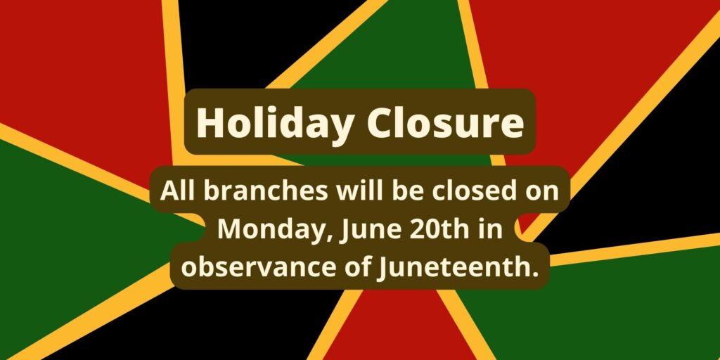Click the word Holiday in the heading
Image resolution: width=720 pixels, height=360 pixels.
point(274,124)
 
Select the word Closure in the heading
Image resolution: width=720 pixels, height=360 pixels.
point(445,122)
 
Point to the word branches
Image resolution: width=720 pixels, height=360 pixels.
point(266,191)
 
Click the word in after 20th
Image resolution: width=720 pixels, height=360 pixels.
point(491,229)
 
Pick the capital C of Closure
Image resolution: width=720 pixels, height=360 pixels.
point(378,123)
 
